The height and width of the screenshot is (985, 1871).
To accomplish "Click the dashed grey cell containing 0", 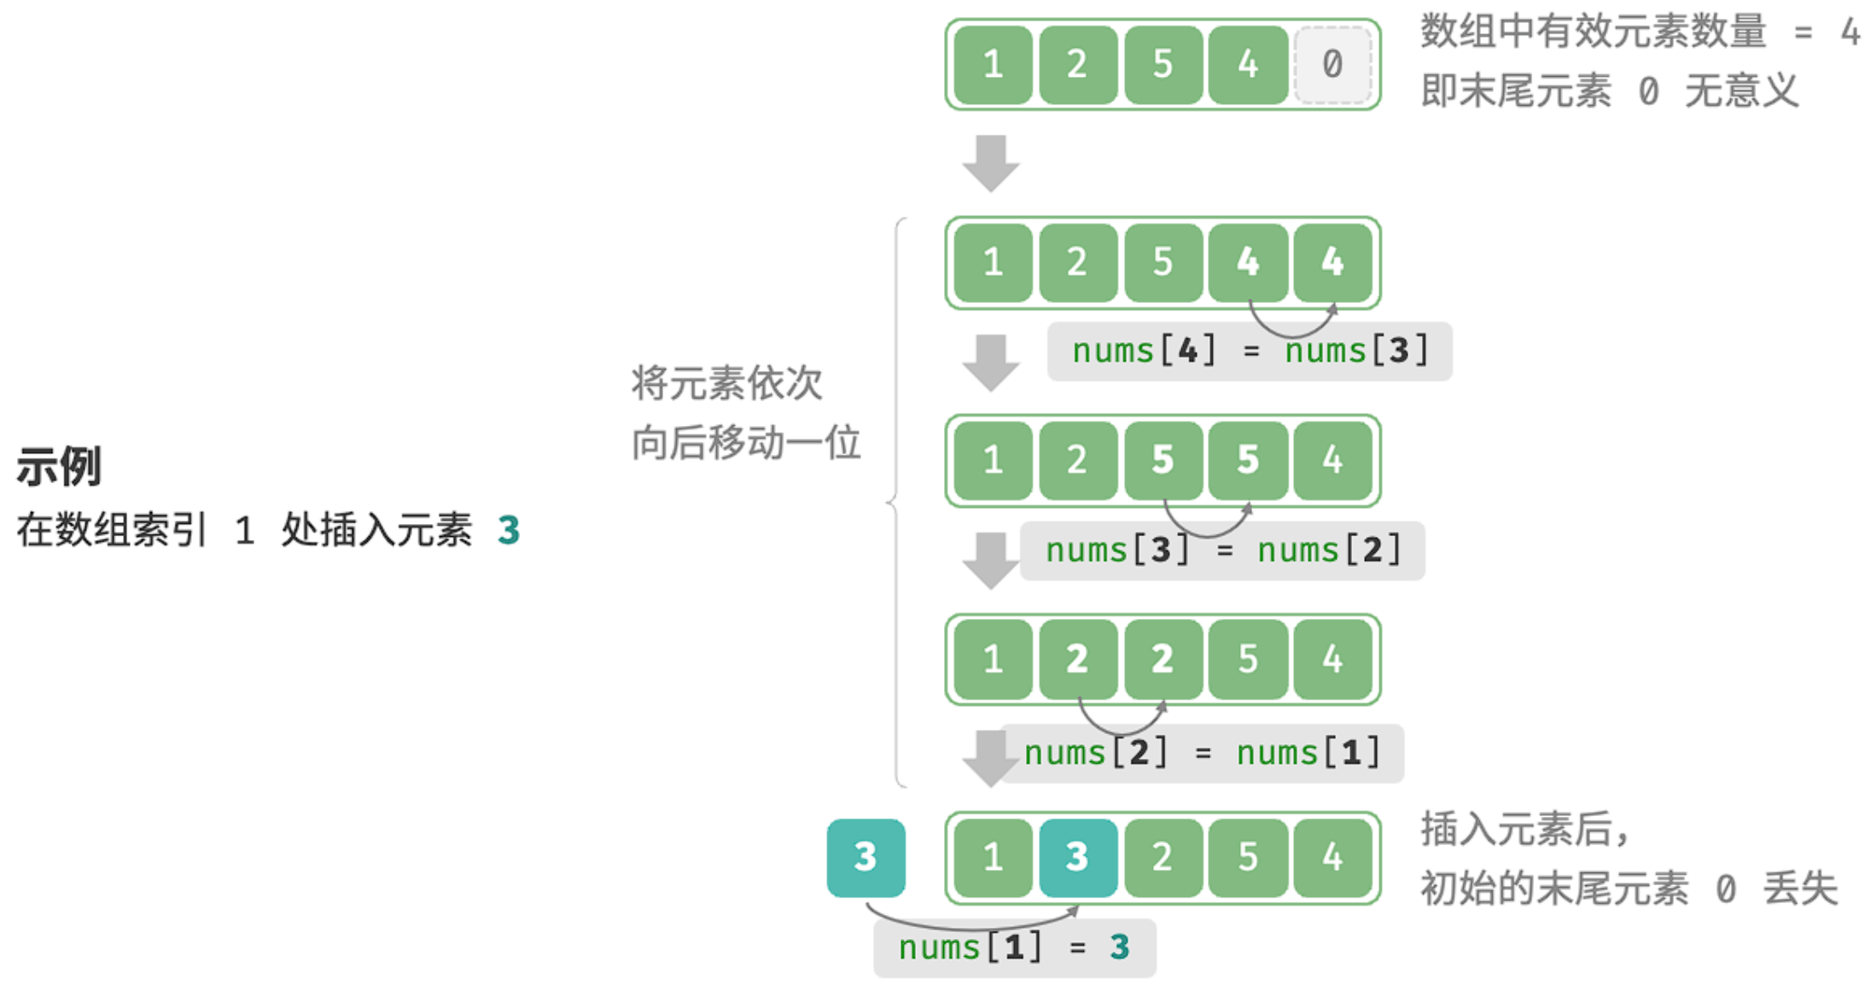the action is pos(1332,65).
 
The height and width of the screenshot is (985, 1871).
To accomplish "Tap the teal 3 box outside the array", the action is pos(866,858).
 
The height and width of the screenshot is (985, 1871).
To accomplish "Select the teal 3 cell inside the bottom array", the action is pos(1078,858).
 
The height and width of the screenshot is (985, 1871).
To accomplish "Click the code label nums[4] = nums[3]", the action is pos(1250,351).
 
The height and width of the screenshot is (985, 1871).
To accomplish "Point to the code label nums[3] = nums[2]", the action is pos(1222,551).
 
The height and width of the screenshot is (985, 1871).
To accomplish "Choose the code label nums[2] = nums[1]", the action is pos(1202,753).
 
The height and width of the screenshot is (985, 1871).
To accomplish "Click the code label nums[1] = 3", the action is pos(1014,947).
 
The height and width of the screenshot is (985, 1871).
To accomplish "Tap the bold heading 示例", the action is pos(59,466).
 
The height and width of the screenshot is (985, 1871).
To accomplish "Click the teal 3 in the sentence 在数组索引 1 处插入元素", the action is pos(509,530).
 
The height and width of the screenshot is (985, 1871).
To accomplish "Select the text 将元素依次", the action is pos(726,382).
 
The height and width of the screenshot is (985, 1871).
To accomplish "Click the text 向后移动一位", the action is pos(746,442).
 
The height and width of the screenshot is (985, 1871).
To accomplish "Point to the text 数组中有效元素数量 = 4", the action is pos(1640,32).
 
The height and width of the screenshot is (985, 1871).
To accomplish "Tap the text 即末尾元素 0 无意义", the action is pos(1610,90).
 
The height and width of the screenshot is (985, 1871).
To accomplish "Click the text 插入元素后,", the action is pos(1524,829).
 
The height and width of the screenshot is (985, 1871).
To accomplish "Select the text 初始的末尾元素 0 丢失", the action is pos(1629,889).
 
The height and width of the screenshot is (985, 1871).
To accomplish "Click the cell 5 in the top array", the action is pos(1163,65).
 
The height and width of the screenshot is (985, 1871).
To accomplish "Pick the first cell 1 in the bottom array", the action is pos(993,858).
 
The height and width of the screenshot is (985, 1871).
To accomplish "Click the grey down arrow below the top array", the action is pos(991,163).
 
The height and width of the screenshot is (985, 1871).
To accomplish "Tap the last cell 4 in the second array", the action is pos(1332,263).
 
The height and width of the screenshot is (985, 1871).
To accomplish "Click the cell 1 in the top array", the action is pos(993,65).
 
